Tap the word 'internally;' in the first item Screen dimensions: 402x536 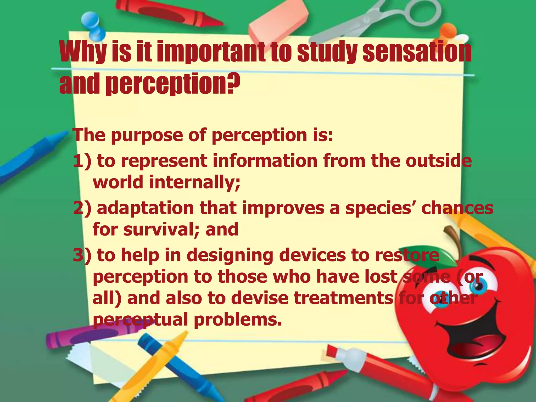tap(195, 182)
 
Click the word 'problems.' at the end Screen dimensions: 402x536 tap(238, 319)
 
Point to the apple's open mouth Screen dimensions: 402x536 tap(474, 340)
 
